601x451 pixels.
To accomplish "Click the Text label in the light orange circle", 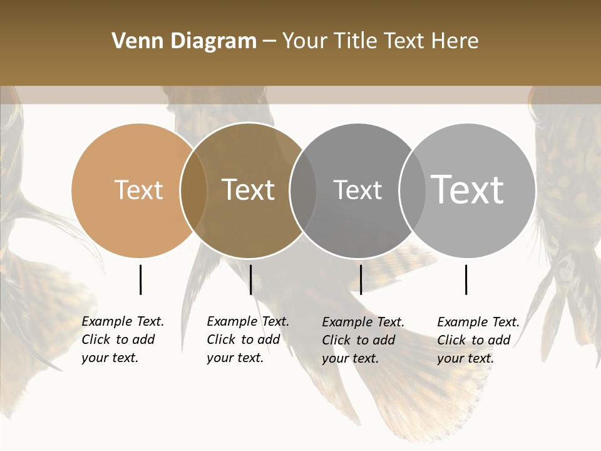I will (x=138, y=190).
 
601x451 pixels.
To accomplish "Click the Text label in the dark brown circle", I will (x=249, y=190).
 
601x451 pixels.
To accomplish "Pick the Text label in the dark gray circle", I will (x=357, y=190).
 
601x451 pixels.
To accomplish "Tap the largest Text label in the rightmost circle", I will (x=468, y=189).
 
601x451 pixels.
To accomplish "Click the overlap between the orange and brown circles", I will (x=193, y=190).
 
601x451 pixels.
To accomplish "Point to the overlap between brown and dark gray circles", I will (x=303, y=190).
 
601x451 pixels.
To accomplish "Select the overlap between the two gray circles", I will (x=413, y=190).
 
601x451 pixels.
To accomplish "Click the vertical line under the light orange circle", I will (x=140, y=279).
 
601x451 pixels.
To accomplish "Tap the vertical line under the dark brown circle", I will (x=250, y=279).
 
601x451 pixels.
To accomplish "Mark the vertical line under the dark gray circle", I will (x=361, y=279).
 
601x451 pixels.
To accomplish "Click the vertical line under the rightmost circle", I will (x=466, y=279).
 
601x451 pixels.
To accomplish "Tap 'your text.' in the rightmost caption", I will (x=465, y=359).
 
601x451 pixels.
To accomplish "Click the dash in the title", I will (x=269, y=41).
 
